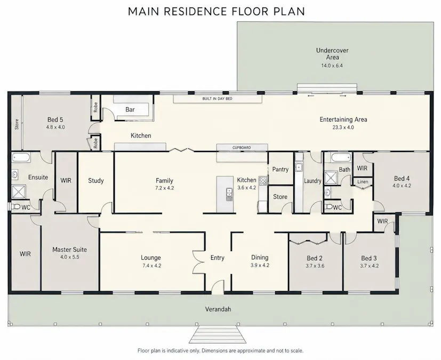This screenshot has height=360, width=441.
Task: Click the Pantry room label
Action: point(280,169)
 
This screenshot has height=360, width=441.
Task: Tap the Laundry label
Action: point(312,181)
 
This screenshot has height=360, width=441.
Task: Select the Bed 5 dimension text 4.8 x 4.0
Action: point(55,127)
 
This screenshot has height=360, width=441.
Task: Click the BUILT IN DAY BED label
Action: point(218,99)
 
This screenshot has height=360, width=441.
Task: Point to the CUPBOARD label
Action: point(242,148)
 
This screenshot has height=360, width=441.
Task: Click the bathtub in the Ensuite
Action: point(21,157)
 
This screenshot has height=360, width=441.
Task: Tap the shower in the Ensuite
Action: point(19,192)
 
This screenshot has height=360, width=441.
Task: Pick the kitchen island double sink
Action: point(229,194)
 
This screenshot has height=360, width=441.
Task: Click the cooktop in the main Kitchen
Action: point(263,181)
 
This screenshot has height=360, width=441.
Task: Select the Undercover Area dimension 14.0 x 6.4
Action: point(332,66)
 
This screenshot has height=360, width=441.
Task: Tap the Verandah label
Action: point(218,309)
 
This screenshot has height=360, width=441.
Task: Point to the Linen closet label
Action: point(363,182)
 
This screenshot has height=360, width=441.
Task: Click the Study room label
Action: point(96,181)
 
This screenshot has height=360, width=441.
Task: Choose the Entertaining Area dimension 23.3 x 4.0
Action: point(343,127)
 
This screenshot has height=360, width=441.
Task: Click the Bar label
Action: point(130,110)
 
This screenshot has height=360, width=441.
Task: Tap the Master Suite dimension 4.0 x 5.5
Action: point(69,257)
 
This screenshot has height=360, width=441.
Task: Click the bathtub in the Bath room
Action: point(341,157)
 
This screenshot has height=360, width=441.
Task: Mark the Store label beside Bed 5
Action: point(17,124)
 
